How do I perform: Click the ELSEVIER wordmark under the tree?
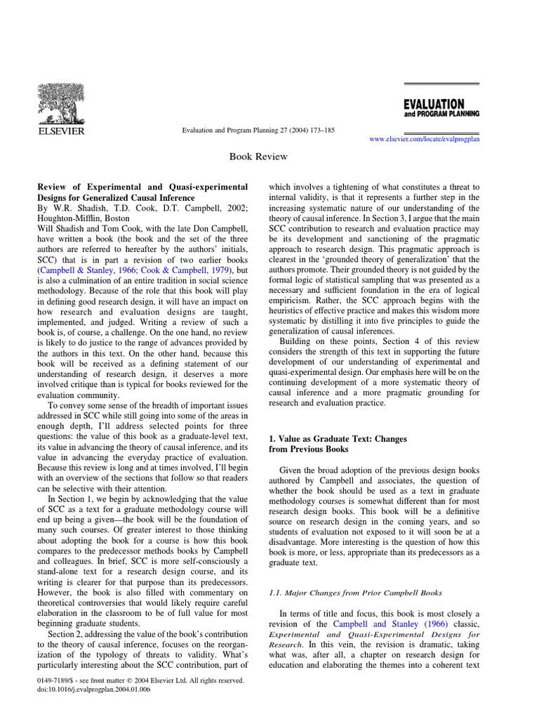(61, 131)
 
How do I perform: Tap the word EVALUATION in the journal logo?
(434, 104)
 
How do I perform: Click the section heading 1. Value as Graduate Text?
(338, 439)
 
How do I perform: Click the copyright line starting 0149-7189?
(140, 680)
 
